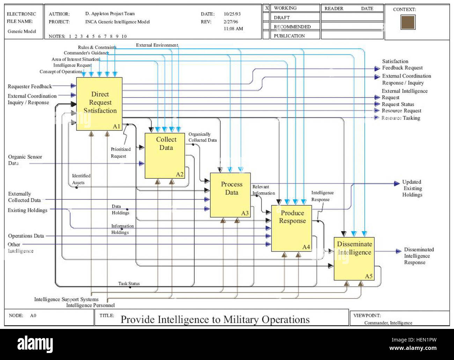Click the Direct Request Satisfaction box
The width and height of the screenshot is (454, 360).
100,104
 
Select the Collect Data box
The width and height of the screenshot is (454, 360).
165,155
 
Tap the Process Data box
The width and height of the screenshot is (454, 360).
230,194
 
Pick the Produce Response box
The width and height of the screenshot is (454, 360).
291,228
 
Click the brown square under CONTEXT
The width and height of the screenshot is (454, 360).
408,22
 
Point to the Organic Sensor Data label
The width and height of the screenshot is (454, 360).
25,160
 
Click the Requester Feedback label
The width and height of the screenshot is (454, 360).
30,86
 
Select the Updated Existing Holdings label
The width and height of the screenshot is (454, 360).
412,188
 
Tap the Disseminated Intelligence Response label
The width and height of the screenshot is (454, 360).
418,256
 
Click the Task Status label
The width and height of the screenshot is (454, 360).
129,284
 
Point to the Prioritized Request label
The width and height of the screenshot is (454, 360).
120,153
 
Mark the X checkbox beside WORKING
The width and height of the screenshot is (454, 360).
266,8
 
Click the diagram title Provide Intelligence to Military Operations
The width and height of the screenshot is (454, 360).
215,319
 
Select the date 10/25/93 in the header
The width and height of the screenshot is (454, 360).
232,14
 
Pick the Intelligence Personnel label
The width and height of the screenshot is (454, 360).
90,305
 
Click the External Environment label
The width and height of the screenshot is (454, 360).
157,45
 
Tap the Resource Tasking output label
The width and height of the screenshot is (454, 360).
401,118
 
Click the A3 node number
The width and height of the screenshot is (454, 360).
245,213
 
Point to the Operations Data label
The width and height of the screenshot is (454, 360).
26,236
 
